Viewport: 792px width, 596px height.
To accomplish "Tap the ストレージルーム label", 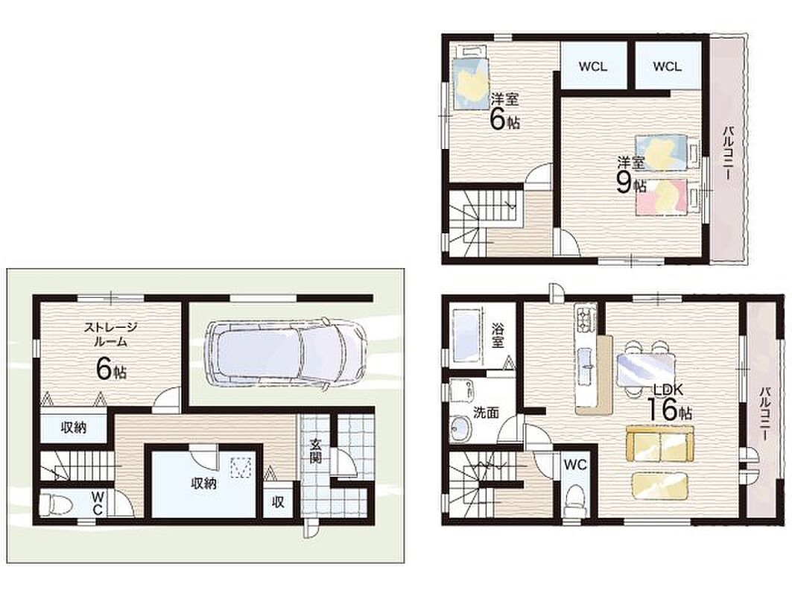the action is [110, 335].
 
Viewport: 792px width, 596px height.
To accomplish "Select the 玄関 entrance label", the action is [315, 451].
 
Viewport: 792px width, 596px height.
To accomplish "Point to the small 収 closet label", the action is [278, 502].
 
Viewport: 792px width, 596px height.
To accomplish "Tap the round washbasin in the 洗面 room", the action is [460, 429].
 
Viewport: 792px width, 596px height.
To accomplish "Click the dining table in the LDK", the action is [645, 369].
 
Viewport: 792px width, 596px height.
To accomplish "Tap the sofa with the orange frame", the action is [659, 443].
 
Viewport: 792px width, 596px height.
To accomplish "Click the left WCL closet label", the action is [593, 66].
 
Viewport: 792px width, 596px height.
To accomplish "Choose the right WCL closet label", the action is [667, 66].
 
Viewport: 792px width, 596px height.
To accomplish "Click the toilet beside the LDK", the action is [575, 499].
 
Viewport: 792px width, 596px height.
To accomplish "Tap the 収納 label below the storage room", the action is [74, 428].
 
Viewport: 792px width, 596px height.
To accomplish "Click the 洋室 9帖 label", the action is [631, 175].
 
